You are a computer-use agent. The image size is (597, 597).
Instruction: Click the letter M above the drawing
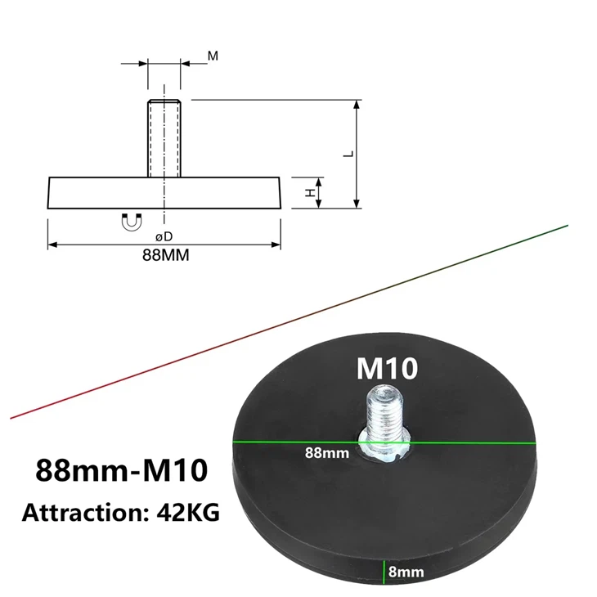pyautogui.click(x=213, y=56)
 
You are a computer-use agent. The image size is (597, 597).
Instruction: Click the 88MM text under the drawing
pyautogui.click(x=166, y=254)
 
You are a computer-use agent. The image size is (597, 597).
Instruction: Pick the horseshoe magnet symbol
pyautogui.click(x=132, y=221)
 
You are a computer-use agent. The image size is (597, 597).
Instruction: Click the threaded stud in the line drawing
pyautogui.click(x=164, y=137)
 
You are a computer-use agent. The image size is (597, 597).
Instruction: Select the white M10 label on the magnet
pyautogui.click(x=387, y=369)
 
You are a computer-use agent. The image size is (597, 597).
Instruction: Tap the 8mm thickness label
pyautogui.click(x=406, y=572)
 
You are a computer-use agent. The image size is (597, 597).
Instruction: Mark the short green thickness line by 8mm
pyautogui.click(x=382, y=572)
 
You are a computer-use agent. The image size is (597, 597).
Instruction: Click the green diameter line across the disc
pyautogui.click(x=458, y=442)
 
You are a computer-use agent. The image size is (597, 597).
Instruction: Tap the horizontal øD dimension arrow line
pyautogui.click(x=98, y=244)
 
